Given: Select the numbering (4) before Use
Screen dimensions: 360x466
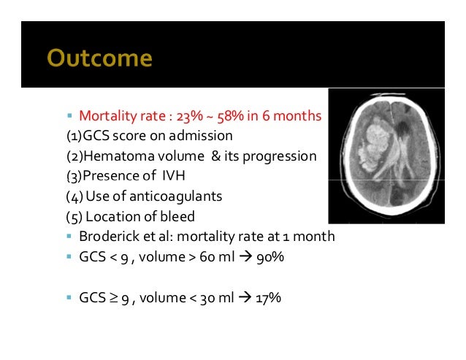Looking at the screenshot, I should coord(73,196).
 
